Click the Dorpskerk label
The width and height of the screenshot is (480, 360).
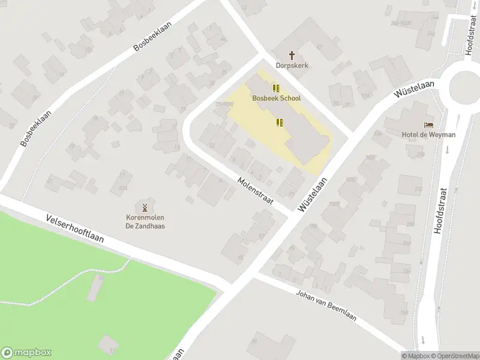(x=292, y=65)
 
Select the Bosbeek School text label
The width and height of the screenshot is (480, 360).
(x=277, y=98)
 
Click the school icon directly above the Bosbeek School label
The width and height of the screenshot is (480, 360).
(x=276, y=88)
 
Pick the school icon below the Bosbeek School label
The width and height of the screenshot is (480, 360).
(x=279, y=122)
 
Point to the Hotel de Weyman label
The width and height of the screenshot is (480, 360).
(x=428, y=134)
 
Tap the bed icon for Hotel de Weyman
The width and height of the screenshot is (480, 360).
(x=428, y=124)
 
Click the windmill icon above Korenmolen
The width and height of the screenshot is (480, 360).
(x=145, y=206)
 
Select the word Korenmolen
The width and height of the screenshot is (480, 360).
(x=145, y=217)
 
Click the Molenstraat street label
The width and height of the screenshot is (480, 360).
(x=255, y=191)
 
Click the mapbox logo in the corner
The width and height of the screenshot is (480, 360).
(x=26, y=353)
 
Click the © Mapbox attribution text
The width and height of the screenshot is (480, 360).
(x=415, y=356)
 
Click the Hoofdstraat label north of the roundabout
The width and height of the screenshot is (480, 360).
(x=469, y=35)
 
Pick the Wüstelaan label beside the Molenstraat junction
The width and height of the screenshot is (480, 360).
(x=313, y=194)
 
